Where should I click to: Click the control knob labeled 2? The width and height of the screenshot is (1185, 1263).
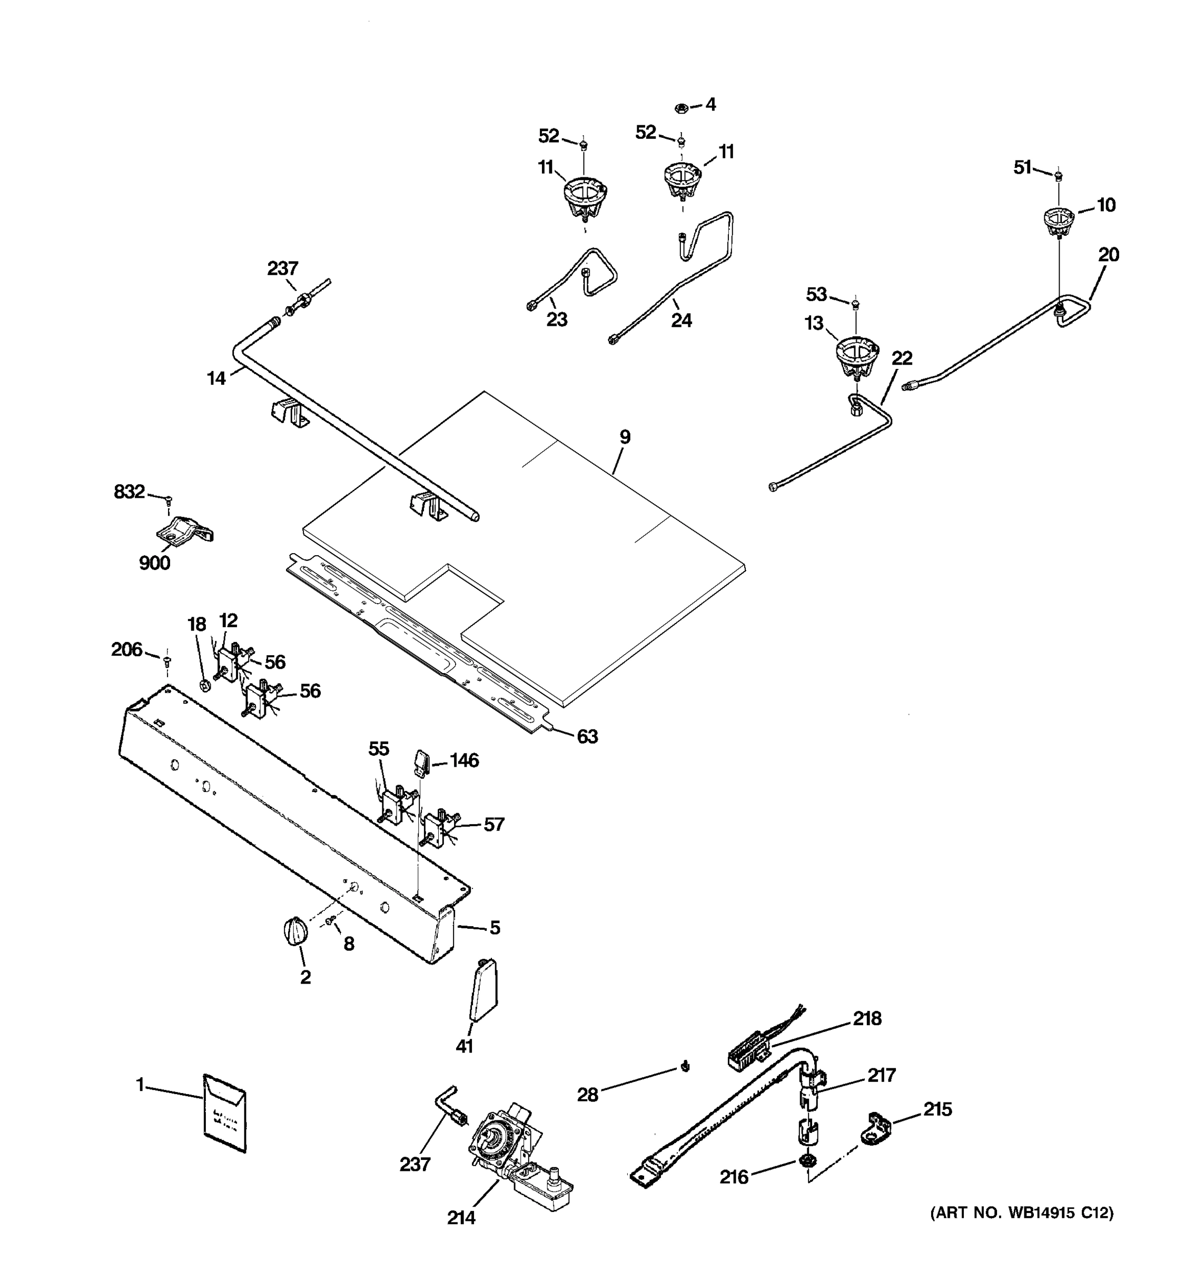(x=295, y=931)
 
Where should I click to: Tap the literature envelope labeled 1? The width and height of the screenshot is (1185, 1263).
(x=224, y=1112)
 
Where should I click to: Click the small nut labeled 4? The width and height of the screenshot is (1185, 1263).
(x=681, y=107)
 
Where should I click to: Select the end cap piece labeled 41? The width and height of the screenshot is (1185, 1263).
(x=484, y=990)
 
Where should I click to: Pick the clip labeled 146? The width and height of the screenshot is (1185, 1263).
(x=421, y=761)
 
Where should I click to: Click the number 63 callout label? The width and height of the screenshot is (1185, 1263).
(x=587, y=736)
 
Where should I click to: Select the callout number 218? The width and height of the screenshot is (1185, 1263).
(x=866, y=1018)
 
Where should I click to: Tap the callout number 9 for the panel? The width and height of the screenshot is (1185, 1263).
(x=625, y=437)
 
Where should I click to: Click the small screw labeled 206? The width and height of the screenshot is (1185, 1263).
(x=167, y=661)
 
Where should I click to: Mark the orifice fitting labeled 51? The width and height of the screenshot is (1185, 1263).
(x=1059, y=175)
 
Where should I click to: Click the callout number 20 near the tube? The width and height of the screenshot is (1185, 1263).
(x=1108, y=255)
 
